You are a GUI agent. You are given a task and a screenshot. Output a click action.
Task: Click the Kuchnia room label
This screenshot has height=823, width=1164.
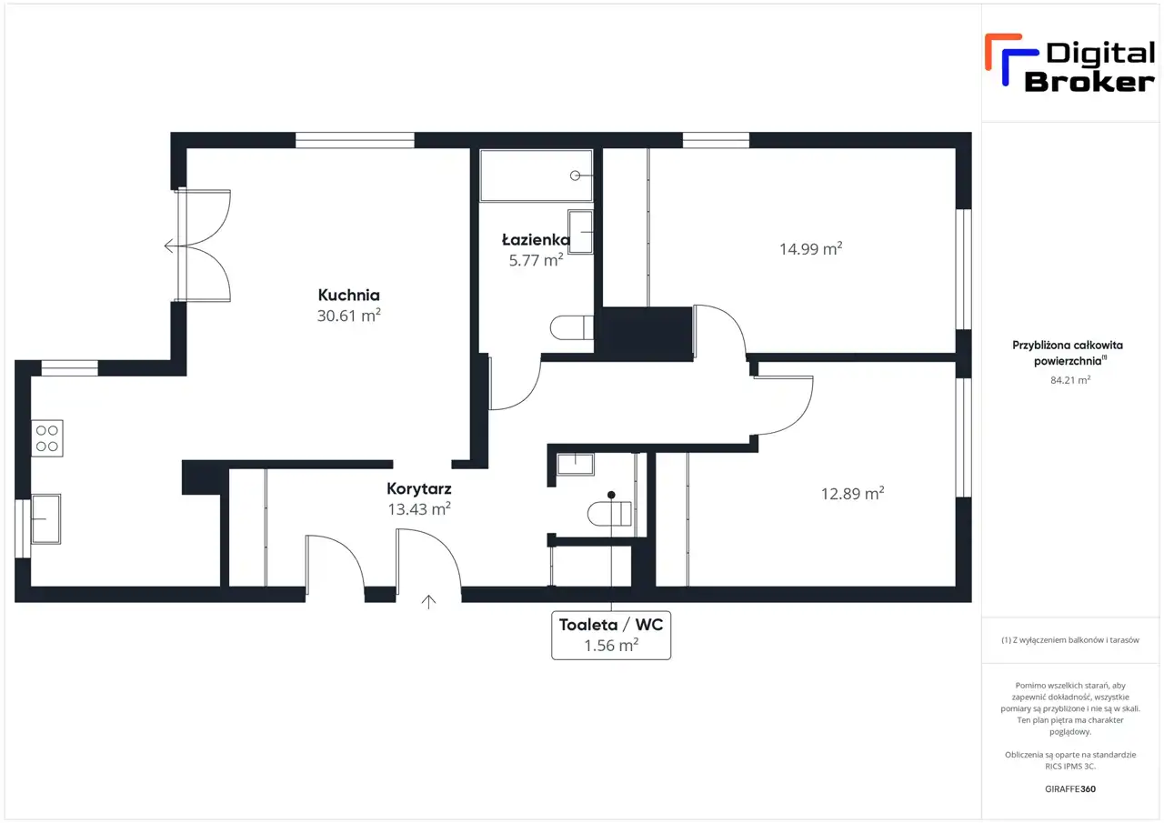pyautogui.click(x=348, y=296)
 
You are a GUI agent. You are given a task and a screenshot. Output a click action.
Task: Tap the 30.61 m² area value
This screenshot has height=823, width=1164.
pyautogui.click(x=348, y=315)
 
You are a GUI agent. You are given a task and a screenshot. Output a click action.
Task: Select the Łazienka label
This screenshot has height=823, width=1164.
pyautogui.click(x=536, y=239)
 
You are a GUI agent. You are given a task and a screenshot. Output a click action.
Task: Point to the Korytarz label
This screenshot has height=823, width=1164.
pyautogui.click(x=419, y=488)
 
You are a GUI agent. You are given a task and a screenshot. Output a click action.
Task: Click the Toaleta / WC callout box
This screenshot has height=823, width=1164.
pyautogui.click(x=611, y=635)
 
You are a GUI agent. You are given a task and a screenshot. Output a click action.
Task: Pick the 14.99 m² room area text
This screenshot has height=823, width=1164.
pyautogui.click(x=810, y=248)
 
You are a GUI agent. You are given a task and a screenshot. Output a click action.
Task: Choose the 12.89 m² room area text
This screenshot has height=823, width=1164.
pyautogui.click(x=852, y=493)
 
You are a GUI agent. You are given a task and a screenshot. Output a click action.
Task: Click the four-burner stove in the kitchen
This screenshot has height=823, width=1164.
pyautogui.click(x=47, y=438)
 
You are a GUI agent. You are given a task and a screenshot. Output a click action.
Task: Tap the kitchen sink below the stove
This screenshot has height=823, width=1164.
pyautogui.click(x=46, y=518)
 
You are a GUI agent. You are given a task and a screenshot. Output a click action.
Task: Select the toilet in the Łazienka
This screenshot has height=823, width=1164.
pyautogui.click(x=572, y=327)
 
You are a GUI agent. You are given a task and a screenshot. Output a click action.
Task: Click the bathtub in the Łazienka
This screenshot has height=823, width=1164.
pyautogui.click(x=537, y=176)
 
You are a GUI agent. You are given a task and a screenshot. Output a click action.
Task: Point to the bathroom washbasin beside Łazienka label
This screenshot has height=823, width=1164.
pyautogui.click(x=580, y=232)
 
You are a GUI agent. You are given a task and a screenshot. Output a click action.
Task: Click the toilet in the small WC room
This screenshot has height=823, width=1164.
pyautogui.click(x=609, y=514)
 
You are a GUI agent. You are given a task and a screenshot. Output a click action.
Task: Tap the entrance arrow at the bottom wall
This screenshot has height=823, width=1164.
pyautogui.click(x=428, y=602)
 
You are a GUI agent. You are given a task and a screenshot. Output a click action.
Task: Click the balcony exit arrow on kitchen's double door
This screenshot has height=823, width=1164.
pyautogui.click(x=175, y=246)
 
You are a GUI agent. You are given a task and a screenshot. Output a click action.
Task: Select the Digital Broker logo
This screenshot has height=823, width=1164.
pyautogui.click(x=1070, y=64)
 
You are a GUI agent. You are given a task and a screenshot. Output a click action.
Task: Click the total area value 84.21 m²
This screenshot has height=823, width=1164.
pyautogui.click(x=1070, y=380)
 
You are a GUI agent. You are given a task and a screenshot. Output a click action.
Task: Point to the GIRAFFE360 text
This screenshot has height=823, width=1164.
pyautogui.click(x=1070, y=788)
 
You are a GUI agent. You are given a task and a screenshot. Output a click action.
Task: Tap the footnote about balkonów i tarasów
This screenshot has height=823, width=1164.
pyautogui.click(x=1070, y=640)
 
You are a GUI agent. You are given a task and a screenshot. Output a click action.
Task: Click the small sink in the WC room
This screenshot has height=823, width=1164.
pyautogui.click(x=576, y=464)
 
